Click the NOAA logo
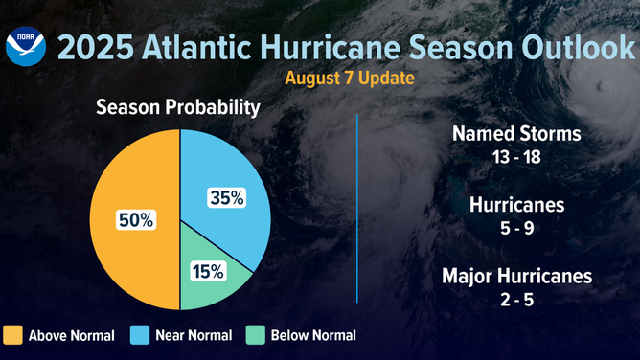[26, 46]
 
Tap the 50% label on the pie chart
[134, 219]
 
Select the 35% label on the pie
[227, 198]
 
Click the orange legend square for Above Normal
[12, 335]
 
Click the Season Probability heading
[178, 108]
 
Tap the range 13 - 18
[516, 156]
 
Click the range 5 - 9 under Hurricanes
[516, 228]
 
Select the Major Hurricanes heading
[516, 278]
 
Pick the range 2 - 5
[516, 300]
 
